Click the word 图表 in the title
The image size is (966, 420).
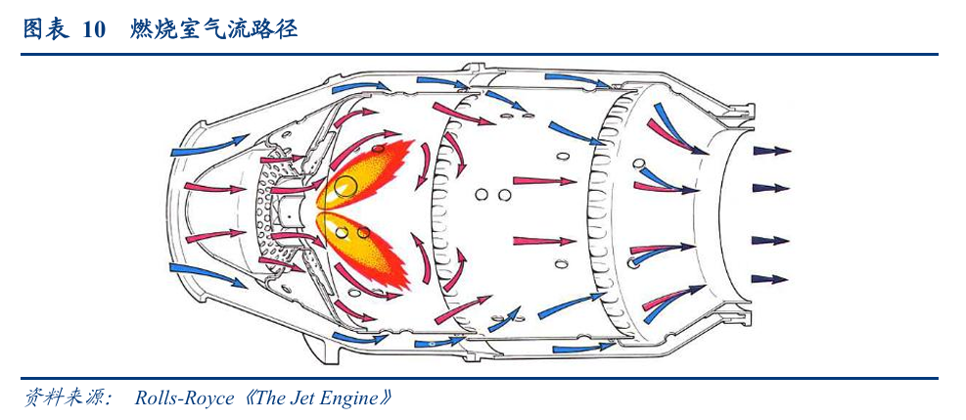(45, 30)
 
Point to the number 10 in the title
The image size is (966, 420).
(93, 30)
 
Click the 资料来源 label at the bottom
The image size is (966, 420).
(65, 398)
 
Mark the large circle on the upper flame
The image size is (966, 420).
(345, 183)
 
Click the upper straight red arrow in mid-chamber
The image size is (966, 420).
(544, 181)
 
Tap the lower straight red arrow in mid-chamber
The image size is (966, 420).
(544, 240)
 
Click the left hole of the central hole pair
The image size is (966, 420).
(482, 195)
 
